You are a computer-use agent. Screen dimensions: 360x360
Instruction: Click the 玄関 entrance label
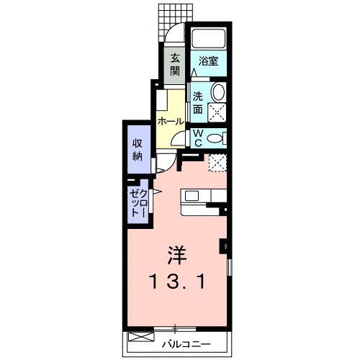[175, 65]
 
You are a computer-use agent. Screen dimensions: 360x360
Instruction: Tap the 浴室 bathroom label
[209, 62]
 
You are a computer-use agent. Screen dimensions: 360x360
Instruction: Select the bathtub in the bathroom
[208, 39]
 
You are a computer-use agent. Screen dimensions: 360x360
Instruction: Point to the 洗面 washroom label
[197, 104]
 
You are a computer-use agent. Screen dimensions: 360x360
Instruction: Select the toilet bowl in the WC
[215, 138]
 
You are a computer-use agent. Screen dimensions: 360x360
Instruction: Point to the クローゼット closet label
[139, 204]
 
